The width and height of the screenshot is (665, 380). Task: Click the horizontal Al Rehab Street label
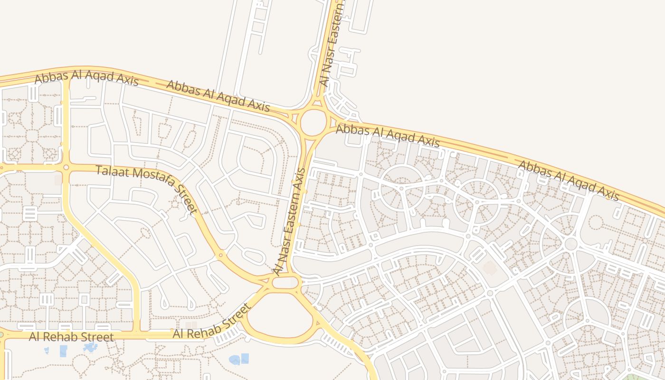[71, 337]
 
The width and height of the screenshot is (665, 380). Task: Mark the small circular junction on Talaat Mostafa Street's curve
[220, 256]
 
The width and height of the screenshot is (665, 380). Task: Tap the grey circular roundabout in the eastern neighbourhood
[571, 244]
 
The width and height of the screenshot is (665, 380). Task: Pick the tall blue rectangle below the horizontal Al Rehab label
[63, 351]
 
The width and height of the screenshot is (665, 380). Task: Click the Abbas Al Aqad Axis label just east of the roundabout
[388, 135]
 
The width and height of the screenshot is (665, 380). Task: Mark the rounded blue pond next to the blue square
[235, 360]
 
